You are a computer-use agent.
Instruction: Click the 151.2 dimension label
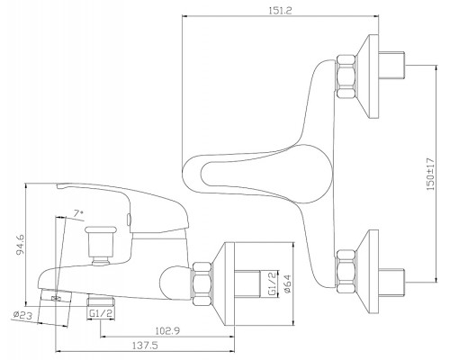coord(280,10)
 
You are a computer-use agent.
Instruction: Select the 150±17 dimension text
coord(430,174)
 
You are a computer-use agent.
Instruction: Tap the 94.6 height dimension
coord(20,244)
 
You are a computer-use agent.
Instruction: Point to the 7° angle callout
coord(78,213)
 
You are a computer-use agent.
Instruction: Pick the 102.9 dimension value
coord(167,331)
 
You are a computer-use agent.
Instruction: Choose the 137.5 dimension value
coord(145,346)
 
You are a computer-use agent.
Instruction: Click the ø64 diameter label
coord(286,283)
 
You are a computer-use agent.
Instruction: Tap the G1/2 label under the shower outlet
coord(101,313)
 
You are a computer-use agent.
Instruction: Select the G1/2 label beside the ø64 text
coord(272,283)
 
